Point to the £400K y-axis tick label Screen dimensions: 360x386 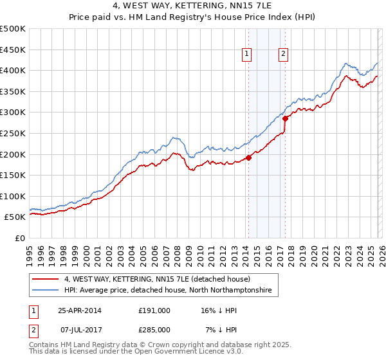coord(13,70)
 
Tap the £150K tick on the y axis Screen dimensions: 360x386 coord(13,175)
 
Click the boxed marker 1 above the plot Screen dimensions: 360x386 coord(247,55)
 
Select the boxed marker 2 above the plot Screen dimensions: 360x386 coord(283,55)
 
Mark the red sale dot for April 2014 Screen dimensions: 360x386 coord(248,158)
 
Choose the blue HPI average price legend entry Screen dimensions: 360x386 coord(167,291)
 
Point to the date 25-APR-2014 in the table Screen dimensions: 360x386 coord(80,310)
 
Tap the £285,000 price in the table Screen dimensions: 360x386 coord(154,329)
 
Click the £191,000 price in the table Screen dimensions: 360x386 coord(154,310)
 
